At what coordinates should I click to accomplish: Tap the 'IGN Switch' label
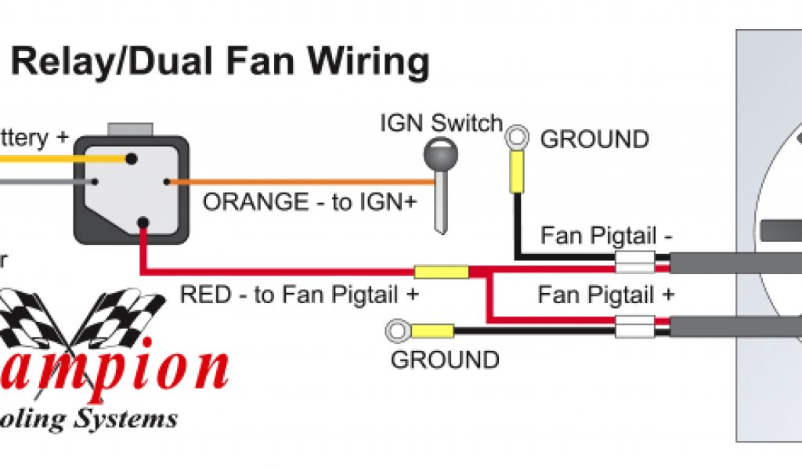point(441,123)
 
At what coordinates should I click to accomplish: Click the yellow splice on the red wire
point(441,273)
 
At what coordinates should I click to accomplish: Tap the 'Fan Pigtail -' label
point(606,236)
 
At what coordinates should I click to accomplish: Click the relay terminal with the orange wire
point(168,183)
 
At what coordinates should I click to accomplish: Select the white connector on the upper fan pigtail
point(634,262)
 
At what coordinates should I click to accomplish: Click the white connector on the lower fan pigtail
point(634,327)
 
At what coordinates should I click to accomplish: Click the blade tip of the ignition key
point(441,227)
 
